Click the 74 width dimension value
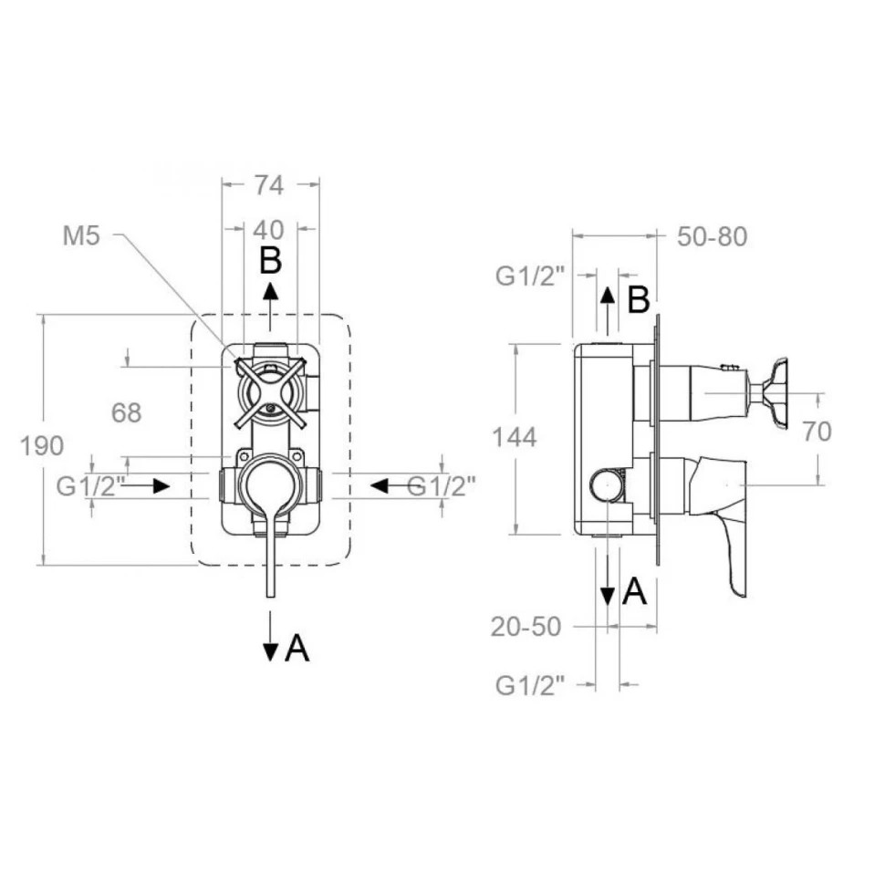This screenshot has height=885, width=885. click(268, 185)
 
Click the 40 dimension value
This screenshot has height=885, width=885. click(268, 230)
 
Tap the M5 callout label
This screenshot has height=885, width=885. click(81, 235)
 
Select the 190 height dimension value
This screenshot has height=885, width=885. click(42, 446)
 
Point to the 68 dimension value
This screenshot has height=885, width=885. click(126, 413)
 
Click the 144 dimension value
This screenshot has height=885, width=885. click(515, 437)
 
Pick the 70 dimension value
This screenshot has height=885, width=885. click(817, 432)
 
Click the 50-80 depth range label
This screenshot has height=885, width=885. click(713, 236)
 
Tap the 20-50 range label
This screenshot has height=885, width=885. click(526, 627)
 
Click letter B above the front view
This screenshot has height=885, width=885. click(270, 261)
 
